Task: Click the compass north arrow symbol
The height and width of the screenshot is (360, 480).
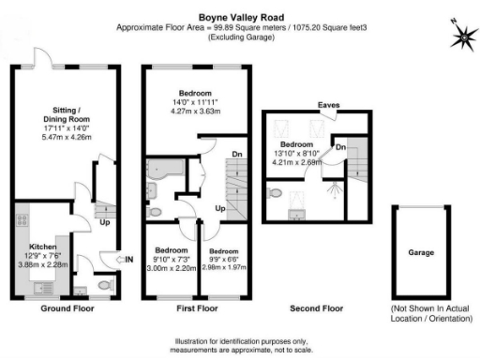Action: (462, 36)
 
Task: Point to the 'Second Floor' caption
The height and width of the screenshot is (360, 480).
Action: (317, 307)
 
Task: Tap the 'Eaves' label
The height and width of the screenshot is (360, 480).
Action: (328, 105)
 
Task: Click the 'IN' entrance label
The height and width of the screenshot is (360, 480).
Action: (129, 258)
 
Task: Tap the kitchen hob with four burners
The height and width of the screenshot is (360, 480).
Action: (22, 224)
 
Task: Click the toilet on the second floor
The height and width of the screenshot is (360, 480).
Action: (273, 192)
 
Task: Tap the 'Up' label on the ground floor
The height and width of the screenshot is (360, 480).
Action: (105, 224)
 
